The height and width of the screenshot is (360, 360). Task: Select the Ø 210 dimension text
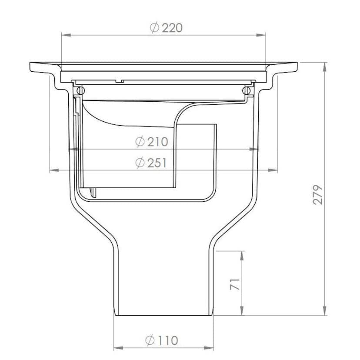[x=151, y=141]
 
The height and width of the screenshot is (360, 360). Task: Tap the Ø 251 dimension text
[x=151, y=163]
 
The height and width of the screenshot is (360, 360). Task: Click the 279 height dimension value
[x=318, y=194]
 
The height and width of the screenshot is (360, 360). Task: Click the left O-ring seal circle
[x=80, y=90]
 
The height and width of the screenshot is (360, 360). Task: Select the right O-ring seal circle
[x=247, y=90]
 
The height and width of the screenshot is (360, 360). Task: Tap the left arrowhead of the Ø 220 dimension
[x=65, y=35]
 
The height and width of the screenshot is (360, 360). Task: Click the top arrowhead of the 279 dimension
[x=324, y=66]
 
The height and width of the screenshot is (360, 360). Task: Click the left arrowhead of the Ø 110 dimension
[x=117, y=348]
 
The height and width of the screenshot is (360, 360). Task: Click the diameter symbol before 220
[x=154, y=28]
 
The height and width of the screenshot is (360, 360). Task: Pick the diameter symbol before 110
[x=150, y=340]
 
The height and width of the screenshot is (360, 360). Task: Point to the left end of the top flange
[x=30, y=67]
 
